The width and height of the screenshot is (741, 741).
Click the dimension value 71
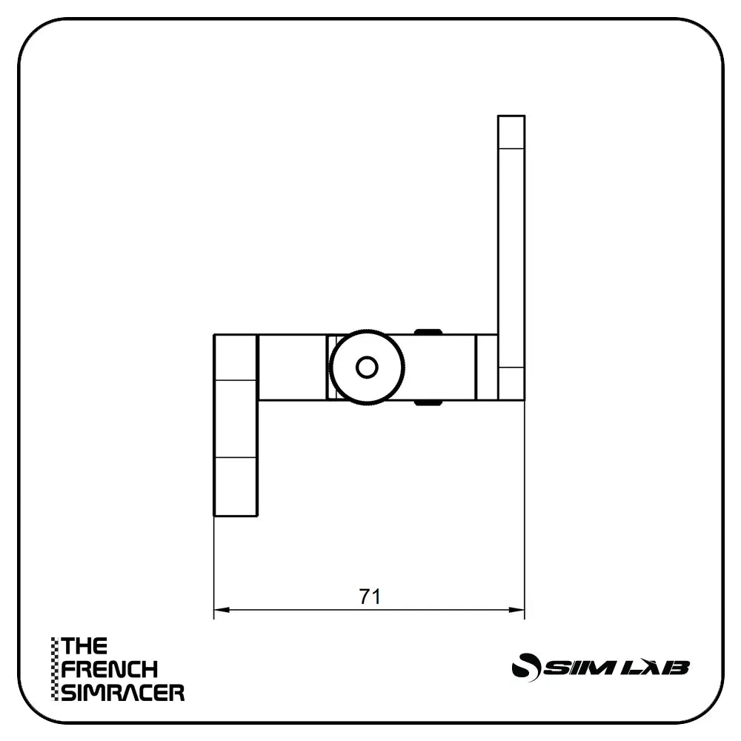pyautogui.click(x=369, y=597)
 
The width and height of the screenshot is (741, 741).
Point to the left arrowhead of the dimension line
pyautogui.click(x=219, y=611)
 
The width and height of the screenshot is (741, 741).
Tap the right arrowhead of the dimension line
pyautogui.click(x=519, y=611)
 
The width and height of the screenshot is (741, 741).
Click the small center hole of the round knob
pyautogui.click(x=367, y=367)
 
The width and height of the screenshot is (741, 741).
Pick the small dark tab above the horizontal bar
pyautogui.click(x=428, y=331)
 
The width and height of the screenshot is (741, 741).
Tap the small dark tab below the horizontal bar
pyautogui.click(x=428, y=403)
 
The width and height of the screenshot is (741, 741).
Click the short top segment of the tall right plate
pyautogui.click(x=511, y=132)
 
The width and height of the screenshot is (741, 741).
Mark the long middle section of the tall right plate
pyautogui.click(x=511, y=256)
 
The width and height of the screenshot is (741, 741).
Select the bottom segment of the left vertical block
pyautogui.click(x=236, y=486)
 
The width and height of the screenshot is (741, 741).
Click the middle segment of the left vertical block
pyautogui.click(x=236, y=419)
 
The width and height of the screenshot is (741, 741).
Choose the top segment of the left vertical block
pyautogui.click(x=236, y=357)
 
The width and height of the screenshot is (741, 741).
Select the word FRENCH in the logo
pyautogui.click(x=110, y=670)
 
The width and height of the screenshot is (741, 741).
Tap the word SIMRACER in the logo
pyautogui.click(x=123, y=693)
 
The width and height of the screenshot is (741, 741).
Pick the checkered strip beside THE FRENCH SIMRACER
pyautogui.click(x=54, y=669)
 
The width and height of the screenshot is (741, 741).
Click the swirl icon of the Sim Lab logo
pyautogui.click(x=526, y=666)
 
